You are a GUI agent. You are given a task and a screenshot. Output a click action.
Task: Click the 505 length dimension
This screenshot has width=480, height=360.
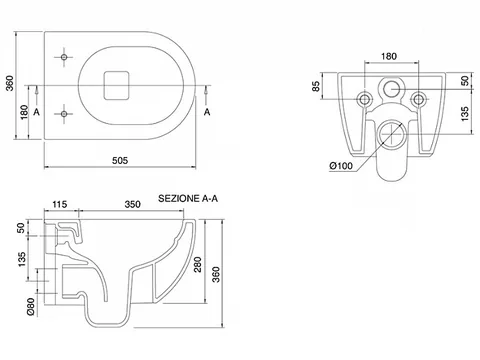point(120,161)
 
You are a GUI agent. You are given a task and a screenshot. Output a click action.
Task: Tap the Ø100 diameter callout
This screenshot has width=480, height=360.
point(341,166)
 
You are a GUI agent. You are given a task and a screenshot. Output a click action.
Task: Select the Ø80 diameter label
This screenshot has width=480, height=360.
point(31,306)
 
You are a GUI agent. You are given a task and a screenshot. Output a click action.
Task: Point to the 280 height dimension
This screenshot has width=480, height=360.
point(198,264)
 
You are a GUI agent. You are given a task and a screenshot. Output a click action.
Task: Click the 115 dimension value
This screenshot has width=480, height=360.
point(60,204)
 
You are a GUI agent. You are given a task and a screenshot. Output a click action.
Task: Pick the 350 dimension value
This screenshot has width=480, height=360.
point(132,204)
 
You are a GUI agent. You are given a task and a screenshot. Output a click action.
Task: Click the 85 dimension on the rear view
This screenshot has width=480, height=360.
point(316,86)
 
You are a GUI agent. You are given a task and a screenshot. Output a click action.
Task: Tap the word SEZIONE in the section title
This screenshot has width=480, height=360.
point(179,198)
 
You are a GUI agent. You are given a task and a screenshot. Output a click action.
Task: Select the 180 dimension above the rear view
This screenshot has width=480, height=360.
point(389,56)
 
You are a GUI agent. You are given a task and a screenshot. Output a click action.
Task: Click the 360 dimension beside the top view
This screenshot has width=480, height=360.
point(10,83)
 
